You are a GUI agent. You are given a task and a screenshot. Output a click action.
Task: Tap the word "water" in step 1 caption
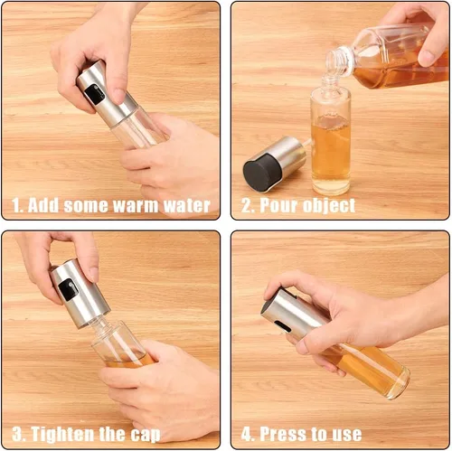click(x=187, y=206)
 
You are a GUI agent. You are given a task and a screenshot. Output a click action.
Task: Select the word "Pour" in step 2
click(x=278, y=205)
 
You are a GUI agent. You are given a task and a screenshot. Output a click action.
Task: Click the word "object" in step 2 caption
click(x=329, y=207)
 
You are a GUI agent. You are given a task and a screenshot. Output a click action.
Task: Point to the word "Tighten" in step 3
click(x=62, y=435)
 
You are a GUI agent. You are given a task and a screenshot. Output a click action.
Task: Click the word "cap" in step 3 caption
click(x=146, y=436)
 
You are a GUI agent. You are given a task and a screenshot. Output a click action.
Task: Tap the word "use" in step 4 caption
click(x=347, y=435)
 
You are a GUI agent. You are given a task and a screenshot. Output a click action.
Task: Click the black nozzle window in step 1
click(x=94, y=94)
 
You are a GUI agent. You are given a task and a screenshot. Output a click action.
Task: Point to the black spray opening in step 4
click(x=282, y=326)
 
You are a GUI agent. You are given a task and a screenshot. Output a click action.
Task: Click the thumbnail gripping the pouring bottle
click(x=427, y=57)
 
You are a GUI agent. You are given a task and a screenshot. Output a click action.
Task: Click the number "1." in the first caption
click(x=17, y=206)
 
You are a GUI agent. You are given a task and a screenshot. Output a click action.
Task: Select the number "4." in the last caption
click(x=248, y=435)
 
